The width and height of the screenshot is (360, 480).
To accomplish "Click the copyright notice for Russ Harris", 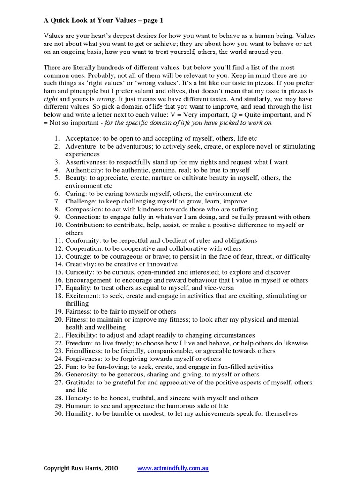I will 81,468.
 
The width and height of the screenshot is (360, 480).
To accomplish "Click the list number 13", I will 57,256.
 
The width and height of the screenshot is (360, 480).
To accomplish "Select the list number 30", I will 57,414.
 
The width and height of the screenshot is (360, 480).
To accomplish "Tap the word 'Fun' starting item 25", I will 71,367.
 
